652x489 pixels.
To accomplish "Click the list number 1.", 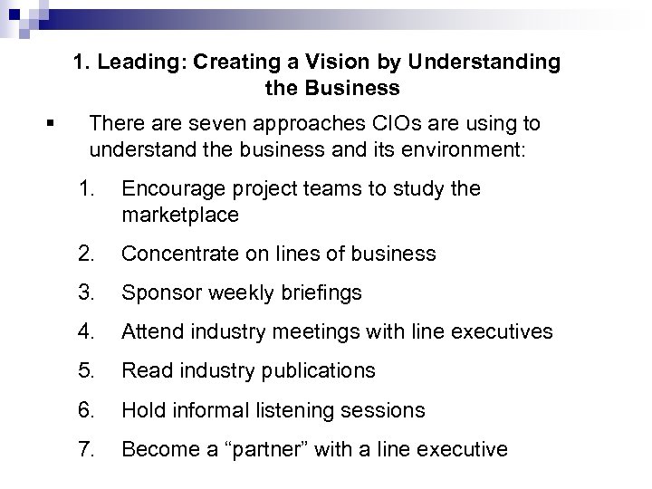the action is [86, 189].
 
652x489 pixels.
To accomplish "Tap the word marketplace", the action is [179, 216].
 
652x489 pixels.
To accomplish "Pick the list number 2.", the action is [86, 254].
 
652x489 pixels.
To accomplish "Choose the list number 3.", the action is [86, 293].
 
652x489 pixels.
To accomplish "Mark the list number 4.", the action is [86, 332].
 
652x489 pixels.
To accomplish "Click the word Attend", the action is [150, 332].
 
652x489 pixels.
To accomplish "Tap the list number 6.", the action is [86, 410].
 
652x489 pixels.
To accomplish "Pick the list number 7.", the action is [86, 449].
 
